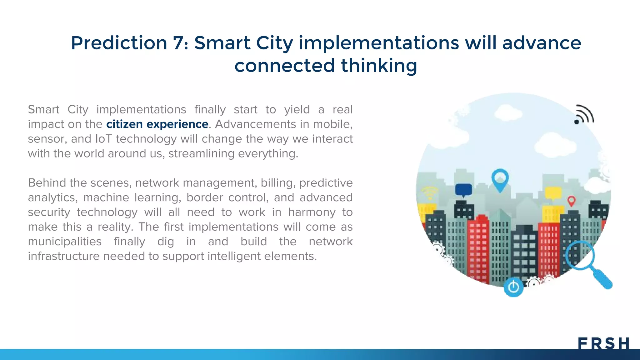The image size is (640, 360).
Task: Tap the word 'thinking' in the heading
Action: [379, 66]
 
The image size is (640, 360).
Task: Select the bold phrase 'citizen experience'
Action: [157, 124]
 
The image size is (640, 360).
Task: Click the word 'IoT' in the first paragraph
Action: [103, 139]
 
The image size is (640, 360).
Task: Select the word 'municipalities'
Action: [65, 242]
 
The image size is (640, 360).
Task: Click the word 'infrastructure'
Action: [64, 256]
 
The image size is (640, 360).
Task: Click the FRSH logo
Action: [603, 343]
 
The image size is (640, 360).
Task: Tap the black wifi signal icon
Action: [583, 115]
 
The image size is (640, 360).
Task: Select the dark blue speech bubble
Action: [463, 190]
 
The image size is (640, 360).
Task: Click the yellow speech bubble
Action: [553, 193]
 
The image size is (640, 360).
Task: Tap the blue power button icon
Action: [513, 287]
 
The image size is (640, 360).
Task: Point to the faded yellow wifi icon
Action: [430, 192]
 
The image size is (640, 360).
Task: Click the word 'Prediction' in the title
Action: [119, 43]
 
